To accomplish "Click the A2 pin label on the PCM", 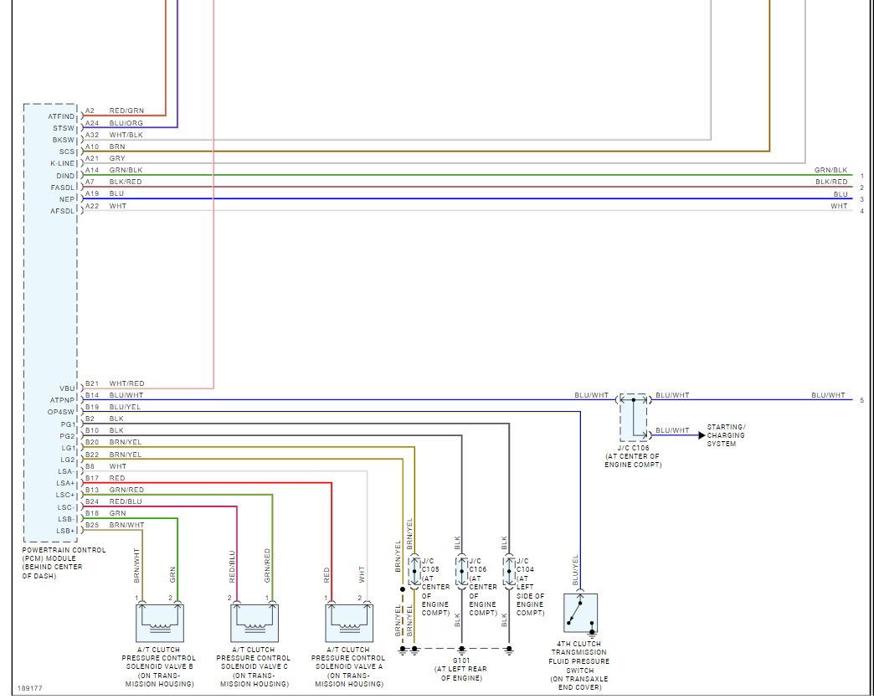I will tap(90, 111).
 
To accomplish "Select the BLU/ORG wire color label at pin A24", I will tap(126, 123).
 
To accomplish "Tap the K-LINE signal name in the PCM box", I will tap(63, 163).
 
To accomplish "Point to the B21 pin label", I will tap(91, 383).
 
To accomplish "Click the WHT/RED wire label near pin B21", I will tap(126, 383).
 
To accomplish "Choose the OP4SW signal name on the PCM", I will tap(61, 412).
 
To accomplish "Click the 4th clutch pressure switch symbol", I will tap(580, 613).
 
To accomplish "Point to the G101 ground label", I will tap(461, 660).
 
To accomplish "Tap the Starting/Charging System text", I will tap(725, 435).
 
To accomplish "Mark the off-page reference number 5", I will tap(861, 400).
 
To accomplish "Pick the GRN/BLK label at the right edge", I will tap(830, 170).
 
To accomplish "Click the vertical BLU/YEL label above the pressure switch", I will tap(575, 570).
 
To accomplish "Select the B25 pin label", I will tap(91, 525).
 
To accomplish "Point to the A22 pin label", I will tap(91, 206).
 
